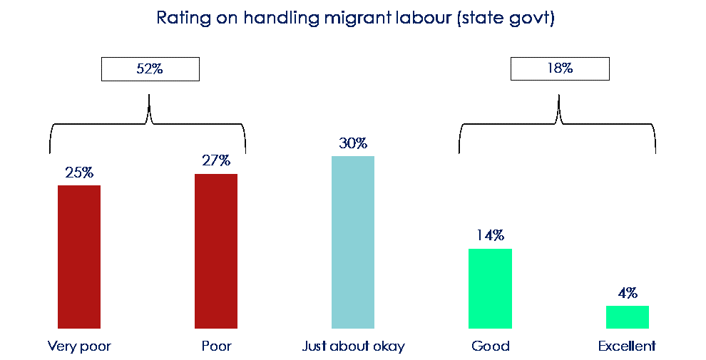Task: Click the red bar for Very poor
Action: (x=79, y=257)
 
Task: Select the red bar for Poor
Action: (x=216, y=251)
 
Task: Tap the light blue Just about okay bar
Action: (x=353, y=242)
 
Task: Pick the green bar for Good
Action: (x=491, y=288)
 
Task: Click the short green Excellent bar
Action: (x=628, y=317)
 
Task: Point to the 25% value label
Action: (x=79, y=173)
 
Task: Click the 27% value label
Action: (x=216, y=161)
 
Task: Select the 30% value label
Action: (x=353, y=143)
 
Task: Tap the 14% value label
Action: (x=491, y=235)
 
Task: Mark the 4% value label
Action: (x=628, y=293)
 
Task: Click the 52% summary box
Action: (x=150, y=69)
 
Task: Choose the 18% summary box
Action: (x=560, y=69)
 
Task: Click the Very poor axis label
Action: (x=79, y=346)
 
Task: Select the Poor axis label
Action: (x=216, y=346)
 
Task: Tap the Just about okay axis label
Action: (x=353, y=346)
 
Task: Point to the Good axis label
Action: (x=491, y=346)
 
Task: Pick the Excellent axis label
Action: (x=628, y=346)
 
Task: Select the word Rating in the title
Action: (x=180, y=18)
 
